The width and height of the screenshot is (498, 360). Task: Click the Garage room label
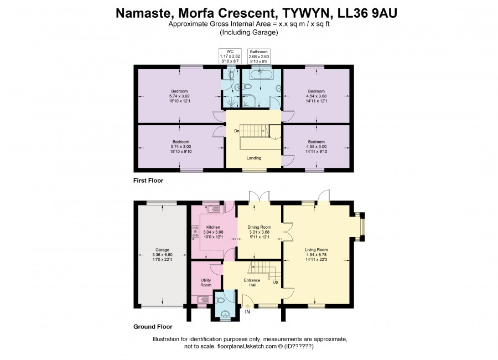162,250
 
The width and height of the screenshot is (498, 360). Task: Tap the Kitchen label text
213,227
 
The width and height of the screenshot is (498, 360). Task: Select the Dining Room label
260,227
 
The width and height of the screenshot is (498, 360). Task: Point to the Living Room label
317,250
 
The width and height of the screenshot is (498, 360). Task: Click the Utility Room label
206,282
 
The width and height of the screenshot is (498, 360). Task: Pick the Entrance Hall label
252,282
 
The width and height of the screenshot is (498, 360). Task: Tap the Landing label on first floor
254,158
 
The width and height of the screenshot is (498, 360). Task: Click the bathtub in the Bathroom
261,75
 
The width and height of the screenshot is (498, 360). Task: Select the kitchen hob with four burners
195,231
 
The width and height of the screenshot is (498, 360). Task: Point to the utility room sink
203,299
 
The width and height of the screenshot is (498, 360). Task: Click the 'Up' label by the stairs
276,282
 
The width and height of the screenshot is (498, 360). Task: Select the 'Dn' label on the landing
237,131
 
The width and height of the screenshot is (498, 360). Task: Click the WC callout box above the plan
230,56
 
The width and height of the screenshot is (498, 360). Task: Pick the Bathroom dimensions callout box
259,56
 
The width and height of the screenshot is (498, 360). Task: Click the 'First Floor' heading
148,181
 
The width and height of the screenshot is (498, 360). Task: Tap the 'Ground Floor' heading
153,327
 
